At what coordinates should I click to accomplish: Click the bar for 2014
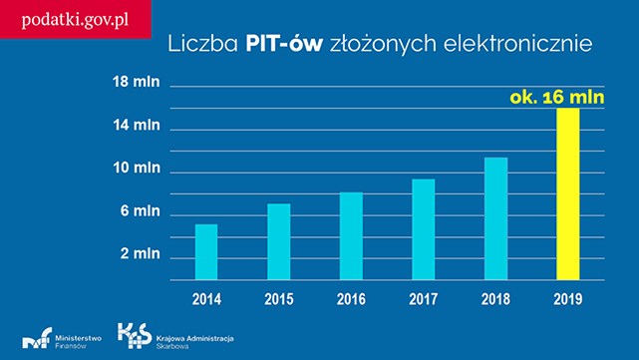pos(206,252)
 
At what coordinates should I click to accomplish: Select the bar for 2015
pos(279,242)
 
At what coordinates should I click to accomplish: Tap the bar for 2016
pos(351,236)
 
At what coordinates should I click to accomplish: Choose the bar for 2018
pos(495,219)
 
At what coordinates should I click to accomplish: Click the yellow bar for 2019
pos(568,194)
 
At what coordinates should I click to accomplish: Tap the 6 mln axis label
pos(140,211)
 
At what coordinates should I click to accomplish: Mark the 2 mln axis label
pos(140,254)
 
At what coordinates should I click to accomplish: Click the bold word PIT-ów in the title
pos(284,44)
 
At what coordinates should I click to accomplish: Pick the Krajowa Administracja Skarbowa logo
pos(174,338)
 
